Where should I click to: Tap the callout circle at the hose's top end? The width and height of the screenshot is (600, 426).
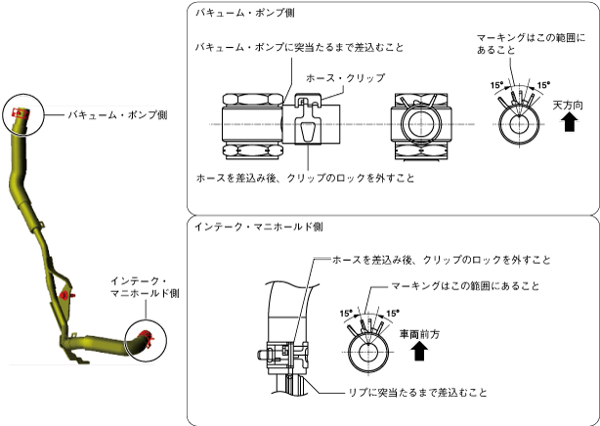23,115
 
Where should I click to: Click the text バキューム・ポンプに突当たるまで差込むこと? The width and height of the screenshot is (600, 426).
299,46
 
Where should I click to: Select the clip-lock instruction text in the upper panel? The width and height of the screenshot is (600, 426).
305,178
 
